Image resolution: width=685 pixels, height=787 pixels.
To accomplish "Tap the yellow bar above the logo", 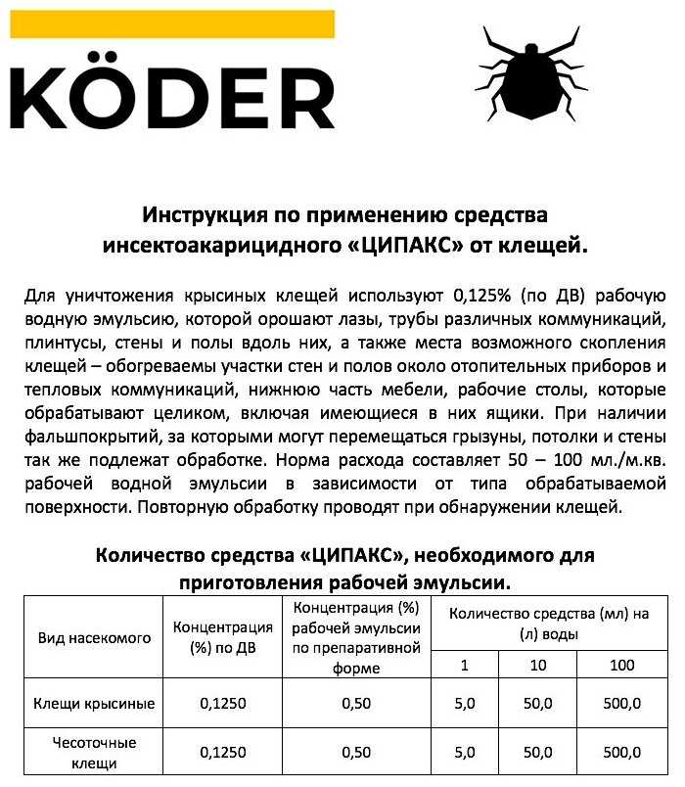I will click(x=172, y=24).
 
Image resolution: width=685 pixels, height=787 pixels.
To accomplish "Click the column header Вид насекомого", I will click(x=95, y=637).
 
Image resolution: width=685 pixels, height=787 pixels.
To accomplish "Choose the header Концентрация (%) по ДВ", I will click(x=222, y=637).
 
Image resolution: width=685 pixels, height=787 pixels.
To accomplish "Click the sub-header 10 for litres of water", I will click(x=537, y=667).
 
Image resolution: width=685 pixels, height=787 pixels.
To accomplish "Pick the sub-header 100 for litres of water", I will click(x=620, y=667).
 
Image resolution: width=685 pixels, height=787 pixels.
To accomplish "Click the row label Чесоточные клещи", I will click(x=95, y=753).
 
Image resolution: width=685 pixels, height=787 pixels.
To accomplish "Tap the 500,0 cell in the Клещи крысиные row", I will click(x=620, y=703).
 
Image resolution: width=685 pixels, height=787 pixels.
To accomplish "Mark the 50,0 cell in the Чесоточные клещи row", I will click(x=537, y=753).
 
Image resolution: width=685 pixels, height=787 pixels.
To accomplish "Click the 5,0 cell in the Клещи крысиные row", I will click(x=465, y=703).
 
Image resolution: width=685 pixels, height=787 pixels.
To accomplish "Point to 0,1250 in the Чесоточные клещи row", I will click(x=222, y=753).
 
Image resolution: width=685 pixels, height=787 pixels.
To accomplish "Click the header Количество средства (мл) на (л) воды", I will click(x=544, y=623).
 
